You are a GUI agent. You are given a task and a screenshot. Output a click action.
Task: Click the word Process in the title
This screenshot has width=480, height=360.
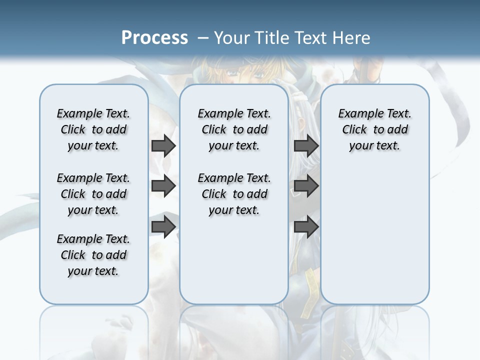coord(154,38)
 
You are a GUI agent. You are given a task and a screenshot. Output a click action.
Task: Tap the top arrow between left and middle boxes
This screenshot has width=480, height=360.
coord(163,145)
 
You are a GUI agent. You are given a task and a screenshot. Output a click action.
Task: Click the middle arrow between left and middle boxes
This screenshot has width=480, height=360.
coord(163,186)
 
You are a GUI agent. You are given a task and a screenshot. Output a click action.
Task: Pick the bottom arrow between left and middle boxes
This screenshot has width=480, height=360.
coord(163,227)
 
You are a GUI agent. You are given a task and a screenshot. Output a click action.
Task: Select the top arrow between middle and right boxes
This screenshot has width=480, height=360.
coord(306,145)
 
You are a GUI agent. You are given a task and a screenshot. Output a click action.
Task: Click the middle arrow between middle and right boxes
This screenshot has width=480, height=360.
coord(306,186)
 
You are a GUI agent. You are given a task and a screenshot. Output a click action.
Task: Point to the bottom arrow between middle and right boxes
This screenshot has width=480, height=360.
coord(306,227)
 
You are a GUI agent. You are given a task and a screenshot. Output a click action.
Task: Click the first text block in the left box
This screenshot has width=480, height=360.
coord(93,129)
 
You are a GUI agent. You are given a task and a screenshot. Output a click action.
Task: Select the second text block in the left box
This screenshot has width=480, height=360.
coord(93,194)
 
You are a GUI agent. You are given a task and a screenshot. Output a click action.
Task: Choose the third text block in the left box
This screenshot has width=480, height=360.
coord(93,255)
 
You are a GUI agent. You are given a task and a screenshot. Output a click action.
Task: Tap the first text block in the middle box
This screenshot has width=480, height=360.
coord(234,129)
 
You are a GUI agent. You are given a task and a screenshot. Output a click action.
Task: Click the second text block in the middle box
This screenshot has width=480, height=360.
coord(234,194)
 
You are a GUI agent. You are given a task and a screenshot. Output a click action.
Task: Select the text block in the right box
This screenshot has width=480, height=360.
coord(375,129)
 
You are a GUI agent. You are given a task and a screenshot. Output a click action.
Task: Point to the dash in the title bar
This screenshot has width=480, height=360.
coord(203,38)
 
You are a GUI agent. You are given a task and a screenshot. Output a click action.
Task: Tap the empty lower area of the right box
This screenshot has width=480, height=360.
coord(375,240)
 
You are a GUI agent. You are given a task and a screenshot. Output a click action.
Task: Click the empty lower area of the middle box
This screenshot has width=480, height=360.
coord(234,260)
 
